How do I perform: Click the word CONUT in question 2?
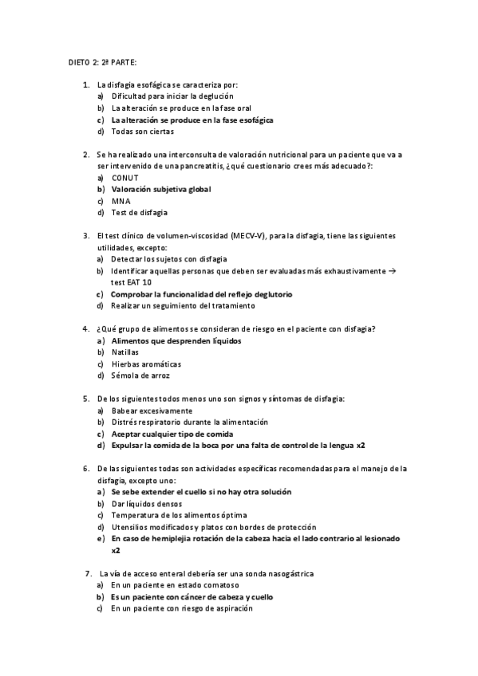(x=125, y=177)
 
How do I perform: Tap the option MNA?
(x=120, y=201)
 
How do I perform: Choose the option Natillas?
(x=124, y=352)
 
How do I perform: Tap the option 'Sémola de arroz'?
(x=140, y=375)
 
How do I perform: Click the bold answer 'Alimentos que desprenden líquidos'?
(x=176, y=340)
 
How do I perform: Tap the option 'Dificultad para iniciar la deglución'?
(x=172, y=96)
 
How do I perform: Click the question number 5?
(x=85, y=399)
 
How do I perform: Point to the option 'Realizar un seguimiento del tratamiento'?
(x=183, y=305)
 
